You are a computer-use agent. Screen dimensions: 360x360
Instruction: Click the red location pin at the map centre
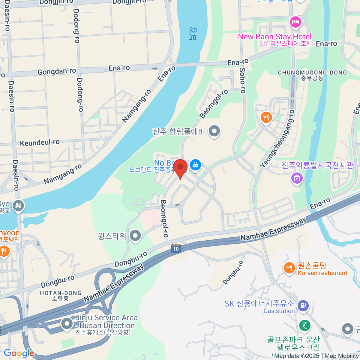point(180,167)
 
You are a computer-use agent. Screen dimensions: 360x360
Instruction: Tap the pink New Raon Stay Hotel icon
point(295,22)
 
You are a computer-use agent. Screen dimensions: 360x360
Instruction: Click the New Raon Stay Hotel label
point(275,37)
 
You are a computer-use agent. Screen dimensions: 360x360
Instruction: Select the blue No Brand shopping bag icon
point(196,165)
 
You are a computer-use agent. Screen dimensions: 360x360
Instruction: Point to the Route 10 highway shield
point(176,248)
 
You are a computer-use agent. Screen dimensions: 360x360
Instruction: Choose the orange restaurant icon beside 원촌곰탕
point(289,268)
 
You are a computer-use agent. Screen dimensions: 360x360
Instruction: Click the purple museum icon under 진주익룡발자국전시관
point(297,178)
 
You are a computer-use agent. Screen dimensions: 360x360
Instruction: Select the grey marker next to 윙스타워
point(135,236)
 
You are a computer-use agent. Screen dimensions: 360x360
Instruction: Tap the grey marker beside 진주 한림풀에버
point(214,131)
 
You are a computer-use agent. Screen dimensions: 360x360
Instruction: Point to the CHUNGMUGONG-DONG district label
point(312,73)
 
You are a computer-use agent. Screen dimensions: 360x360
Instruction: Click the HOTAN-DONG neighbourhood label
point(61,293)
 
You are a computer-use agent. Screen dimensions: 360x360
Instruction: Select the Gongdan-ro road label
point(57,71)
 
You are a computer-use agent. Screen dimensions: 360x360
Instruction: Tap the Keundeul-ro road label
point(40,142)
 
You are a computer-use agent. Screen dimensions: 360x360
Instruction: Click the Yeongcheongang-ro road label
point(277,139)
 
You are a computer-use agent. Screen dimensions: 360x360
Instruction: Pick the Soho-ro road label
point(242,80)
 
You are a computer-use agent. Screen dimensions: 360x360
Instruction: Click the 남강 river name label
point(193,33)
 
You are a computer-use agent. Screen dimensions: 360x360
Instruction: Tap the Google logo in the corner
point(19,353)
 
